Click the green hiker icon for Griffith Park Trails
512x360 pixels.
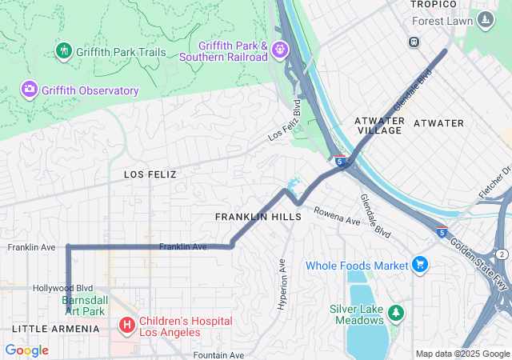click(x=64, y=51)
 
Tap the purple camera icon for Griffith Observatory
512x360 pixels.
click(x=30, y=89)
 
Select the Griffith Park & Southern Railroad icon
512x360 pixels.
click(x=279, y=50)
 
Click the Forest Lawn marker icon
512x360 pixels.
click(x=485, y=19)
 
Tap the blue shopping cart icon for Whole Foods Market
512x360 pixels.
click(x=419, y=264)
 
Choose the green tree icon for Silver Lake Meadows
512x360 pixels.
click(x=395, y=310)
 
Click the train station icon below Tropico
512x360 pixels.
click(x=414, y=42)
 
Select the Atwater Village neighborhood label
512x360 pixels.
click(x=380, y=125)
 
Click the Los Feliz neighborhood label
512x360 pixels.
click(x=150, y=174)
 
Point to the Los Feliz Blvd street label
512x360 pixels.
click(x=285, y=122)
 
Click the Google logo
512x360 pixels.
click(x=26, y=350)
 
